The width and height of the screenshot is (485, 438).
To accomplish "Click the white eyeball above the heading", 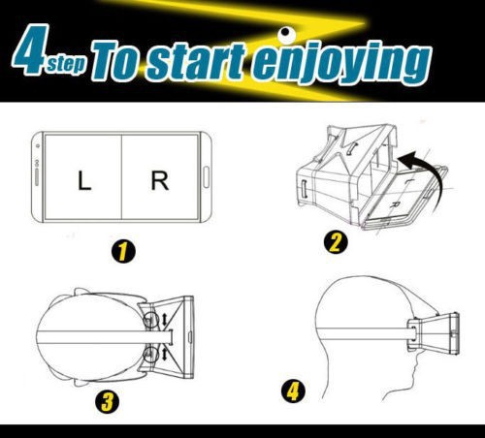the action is [x=286, y=34].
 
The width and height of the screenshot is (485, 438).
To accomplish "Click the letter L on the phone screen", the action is [x=84, y=181].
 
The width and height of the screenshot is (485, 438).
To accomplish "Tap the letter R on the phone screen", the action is [x=160, y=181].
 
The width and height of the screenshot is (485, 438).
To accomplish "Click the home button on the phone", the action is [x=206, y=176].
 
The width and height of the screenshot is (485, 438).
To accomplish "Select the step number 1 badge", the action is [x=123, y=251].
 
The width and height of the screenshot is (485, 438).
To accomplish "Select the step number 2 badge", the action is [x=336, y=242].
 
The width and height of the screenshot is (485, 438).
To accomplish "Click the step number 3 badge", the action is [x=107, y=402].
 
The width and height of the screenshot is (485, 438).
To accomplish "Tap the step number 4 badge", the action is [x=293, y=391].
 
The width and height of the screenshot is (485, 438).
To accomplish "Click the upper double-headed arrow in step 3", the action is [x=164, y=320].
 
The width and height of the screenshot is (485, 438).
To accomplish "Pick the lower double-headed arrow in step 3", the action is [x=164, y=354].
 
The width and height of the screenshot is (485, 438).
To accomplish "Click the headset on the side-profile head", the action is [x=434, y=332].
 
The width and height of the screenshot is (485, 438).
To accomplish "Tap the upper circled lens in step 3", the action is [x=150, y=320].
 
